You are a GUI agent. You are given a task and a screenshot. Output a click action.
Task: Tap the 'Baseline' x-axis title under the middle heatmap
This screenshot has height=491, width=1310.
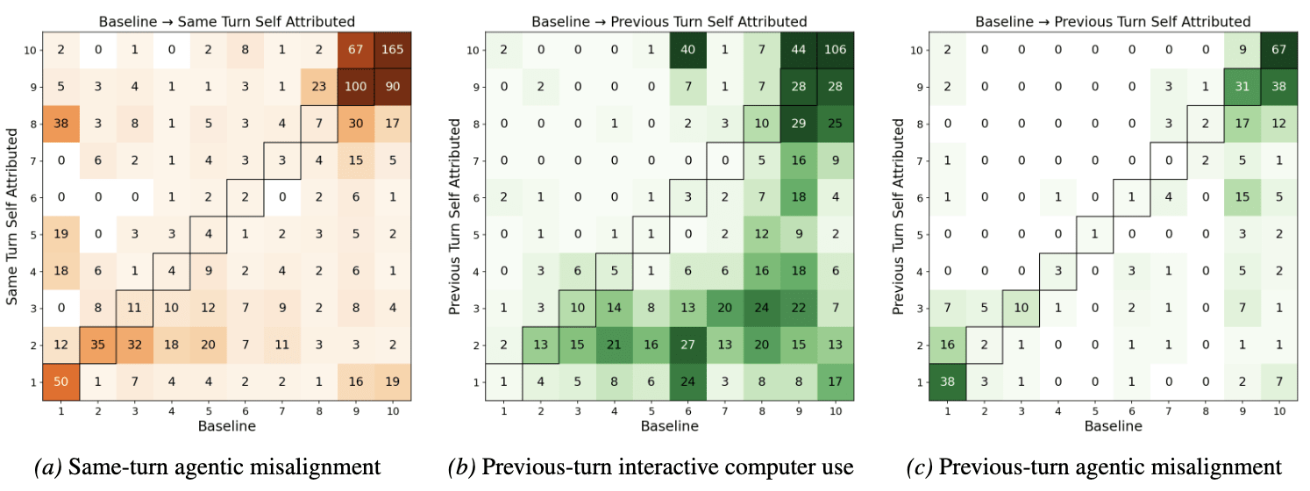[668, 427]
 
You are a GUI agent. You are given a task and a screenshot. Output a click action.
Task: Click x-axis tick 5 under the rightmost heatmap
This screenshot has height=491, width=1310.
[1095, 409]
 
